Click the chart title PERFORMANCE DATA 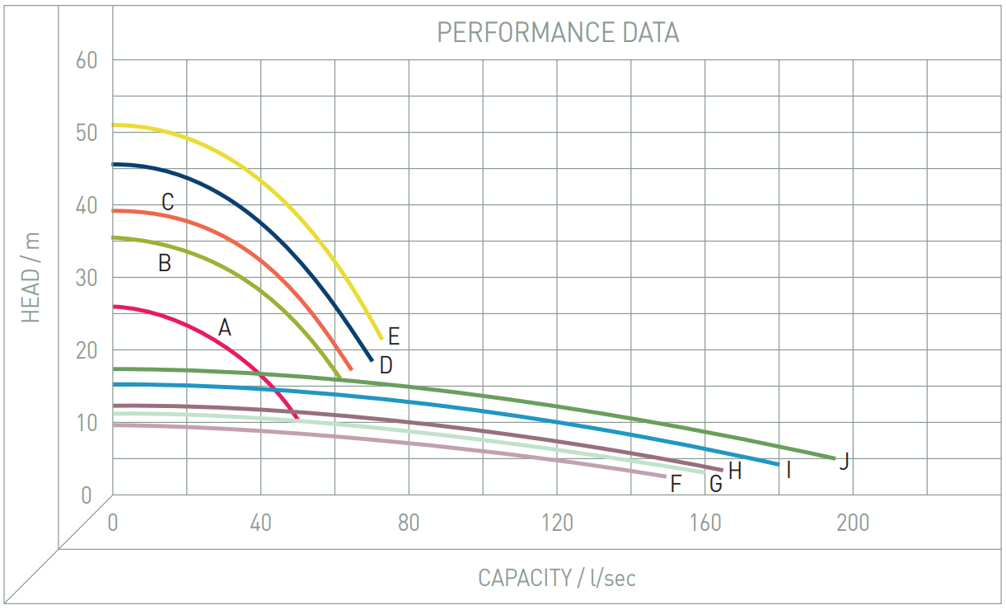click(x=558, y=32)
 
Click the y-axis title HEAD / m click(x=30, y=278)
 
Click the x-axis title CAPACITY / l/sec click(x=557, y=578)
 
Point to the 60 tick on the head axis click(x=86, y=60)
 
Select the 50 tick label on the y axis click(x=86, y=133)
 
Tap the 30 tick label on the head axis click(x=86, y=278)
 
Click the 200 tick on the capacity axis click(x=852, y=523)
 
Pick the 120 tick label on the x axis click(x=557, y=523)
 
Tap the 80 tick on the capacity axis click(x=409, y=523)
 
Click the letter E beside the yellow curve click(x=394, y=336)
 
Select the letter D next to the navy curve click(x=386, y=364)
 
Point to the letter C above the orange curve click(x=167, y=202)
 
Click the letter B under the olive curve click(x=164, y=264)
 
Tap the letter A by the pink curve click(x=224, y=328)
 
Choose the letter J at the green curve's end click(x=844, y=462)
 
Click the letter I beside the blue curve click(x=788, y=471)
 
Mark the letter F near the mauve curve click(x=676, y=484)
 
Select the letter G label click(x=715, y=484)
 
